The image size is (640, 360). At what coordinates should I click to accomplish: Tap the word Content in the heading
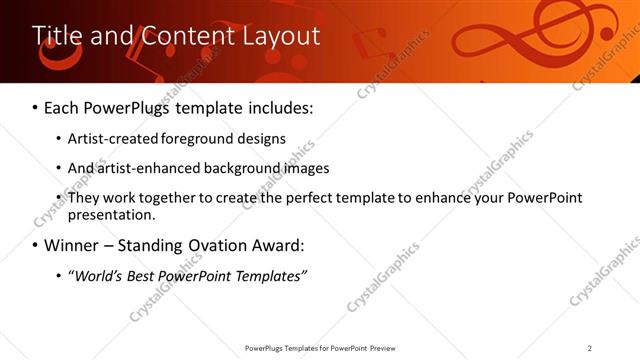pyautogui.click(x=179, y=36)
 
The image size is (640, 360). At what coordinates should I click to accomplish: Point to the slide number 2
pyautogui.click(x=590, y=347)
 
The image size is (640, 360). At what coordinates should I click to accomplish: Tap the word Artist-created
pyautogui.click(x=110, y=139)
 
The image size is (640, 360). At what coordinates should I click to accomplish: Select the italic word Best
pyautogui.click(x=137, y=275)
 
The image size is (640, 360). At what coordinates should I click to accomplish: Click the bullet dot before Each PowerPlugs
pyautogui.click(x=36, y=107)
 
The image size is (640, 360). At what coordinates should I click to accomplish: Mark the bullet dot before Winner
pyautogui.click(x=36, y=245)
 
